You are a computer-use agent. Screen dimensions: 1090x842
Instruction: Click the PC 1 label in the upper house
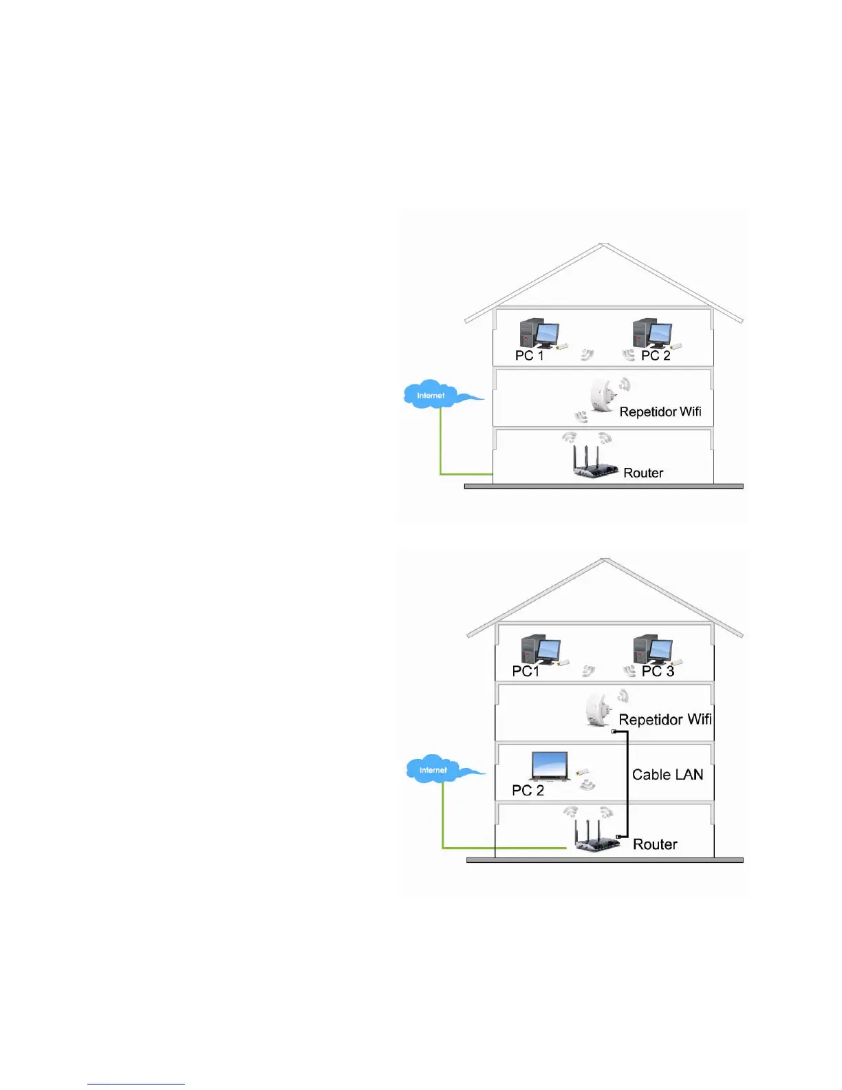pos(529,355)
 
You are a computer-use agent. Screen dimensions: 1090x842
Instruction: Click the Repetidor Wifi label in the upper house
pos(660,412)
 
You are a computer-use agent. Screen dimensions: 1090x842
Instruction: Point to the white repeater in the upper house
pos(603,396)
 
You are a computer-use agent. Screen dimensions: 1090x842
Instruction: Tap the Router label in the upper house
pos(643,473)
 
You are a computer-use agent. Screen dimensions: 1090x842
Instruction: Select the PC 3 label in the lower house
pos(658,671)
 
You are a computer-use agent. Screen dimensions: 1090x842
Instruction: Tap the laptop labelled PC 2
pos(549,767)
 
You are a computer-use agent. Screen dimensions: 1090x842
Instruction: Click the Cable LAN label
pos(667,775)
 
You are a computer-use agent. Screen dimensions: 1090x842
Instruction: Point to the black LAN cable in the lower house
pos(627,784)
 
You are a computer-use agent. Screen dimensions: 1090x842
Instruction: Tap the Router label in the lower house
pos(655,844)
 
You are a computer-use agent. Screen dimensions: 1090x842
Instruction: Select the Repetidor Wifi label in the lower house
pos(665,720)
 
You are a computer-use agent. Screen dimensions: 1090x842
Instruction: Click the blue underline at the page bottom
pos(136,1084)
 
